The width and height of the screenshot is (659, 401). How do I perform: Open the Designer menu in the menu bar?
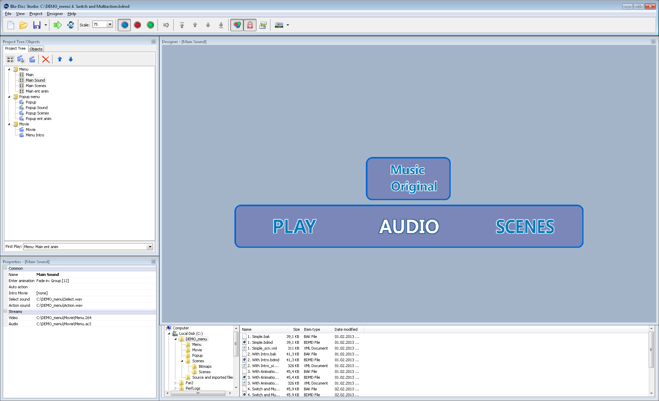click(55, 14)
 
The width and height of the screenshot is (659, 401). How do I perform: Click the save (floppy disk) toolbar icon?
click(37, 25)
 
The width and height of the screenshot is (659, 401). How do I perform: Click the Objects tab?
click(36, 49)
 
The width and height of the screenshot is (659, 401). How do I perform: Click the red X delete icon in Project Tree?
click(46, 59)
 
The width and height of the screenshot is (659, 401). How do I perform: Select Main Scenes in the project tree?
click(36, 86)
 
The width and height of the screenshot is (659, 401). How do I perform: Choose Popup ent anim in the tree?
click(38, 119)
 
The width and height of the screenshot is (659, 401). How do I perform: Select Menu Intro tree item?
click(35, 135)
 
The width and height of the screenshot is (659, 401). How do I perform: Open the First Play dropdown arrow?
click(150, 247)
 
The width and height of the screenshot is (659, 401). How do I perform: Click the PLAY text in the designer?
click(294, 227)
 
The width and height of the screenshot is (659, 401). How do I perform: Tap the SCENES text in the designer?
click(525, 227)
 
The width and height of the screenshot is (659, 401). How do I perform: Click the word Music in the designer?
click(407, 170)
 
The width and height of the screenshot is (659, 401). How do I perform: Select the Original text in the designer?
click(414, 186)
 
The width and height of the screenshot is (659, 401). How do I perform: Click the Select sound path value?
click(59, 299)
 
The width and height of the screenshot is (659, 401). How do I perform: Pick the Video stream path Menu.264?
click(64, 318)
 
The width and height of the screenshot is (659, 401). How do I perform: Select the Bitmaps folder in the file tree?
click(205, 366)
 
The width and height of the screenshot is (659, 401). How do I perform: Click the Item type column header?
click(312, 329)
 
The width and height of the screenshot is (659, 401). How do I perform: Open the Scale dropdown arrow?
click(110, 25)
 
